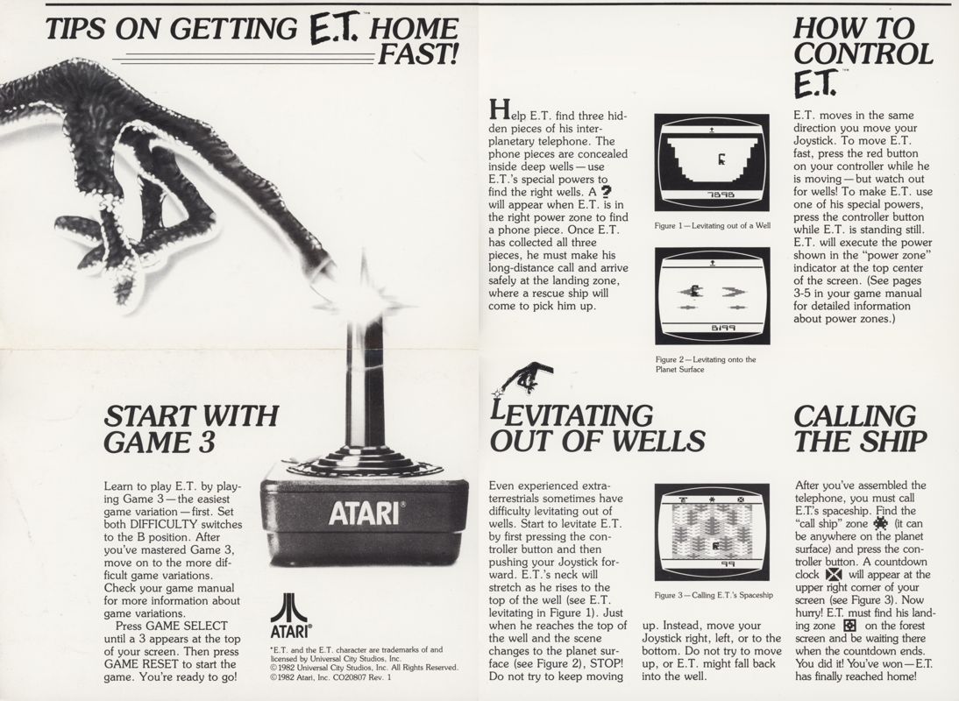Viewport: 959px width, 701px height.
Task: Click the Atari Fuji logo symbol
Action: (288, 609)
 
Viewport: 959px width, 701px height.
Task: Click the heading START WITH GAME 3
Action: (190, 428)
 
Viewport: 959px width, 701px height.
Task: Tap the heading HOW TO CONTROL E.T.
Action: (863, 54)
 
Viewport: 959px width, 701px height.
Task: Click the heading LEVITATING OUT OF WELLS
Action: (596, 428)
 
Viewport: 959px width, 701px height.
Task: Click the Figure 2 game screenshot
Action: (712, 295)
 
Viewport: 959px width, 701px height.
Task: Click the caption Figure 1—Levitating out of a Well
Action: (712, 226)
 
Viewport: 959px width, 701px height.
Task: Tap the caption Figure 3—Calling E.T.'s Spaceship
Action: (712, 596)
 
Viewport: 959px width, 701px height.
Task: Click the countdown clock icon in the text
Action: (835, 574)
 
